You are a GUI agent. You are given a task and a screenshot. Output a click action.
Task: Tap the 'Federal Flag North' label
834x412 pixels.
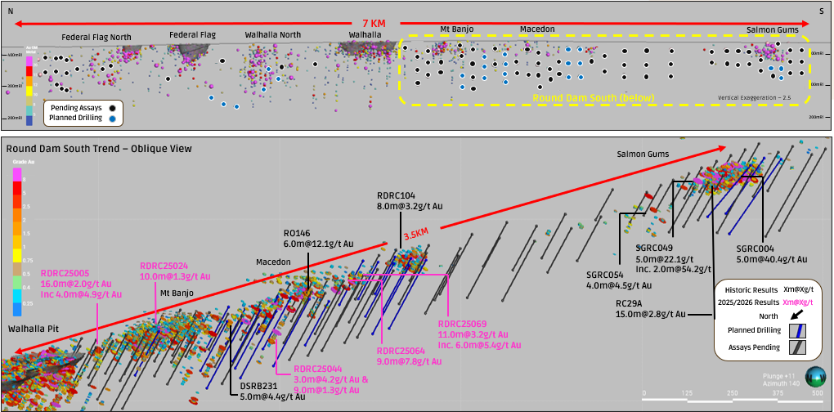click(x=96, y=37)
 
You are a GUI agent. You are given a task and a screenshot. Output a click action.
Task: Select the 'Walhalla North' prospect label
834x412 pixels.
click(x=272, y=36)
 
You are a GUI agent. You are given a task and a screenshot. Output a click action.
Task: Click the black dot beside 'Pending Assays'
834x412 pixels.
click(x=112, y=107)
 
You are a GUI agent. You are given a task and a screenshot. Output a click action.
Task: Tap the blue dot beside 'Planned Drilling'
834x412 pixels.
click(x=112, y=118)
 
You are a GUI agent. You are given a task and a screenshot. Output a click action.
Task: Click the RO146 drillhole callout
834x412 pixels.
click(x=297, y=232)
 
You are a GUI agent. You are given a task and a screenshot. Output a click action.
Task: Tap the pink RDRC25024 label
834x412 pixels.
click(x=164, y=266)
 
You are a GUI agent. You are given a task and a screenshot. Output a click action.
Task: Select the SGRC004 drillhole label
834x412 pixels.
click(x=756, y=249)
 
